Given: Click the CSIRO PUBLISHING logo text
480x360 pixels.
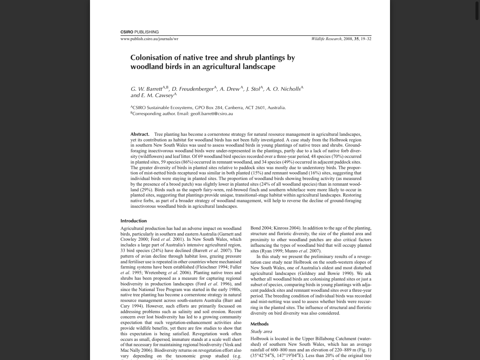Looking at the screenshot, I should coord(139,32).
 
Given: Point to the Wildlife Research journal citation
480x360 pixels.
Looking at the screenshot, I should coord(341,39).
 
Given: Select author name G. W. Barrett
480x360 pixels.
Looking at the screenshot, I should coord(146,89).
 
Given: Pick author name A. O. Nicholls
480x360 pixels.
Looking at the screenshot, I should coord(283,89).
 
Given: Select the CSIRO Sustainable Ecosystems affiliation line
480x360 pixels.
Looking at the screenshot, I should coord(208,108).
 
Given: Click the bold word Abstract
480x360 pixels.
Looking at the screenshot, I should coord(140,134).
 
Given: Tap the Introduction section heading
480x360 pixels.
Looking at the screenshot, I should coord(133,221).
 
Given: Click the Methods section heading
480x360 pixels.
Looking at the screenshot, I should coord(259,324).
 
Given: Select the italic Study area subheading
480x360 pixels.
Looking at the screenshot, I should coord(261,331).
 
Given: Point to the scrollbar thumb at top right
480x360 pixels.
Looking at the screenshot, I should coord(477,10).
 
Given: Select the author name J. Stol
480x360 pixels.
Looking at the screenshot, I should coord(253,89).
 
